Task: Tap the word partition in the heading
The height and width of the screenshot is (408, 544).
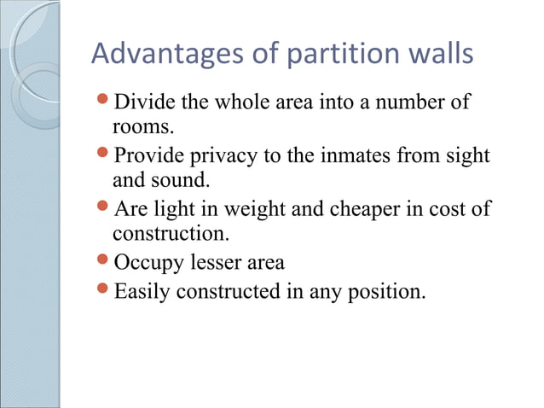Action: [x=330, y=55]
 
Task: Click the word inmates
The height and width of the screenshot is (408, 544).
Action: [x=353, y=157]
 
